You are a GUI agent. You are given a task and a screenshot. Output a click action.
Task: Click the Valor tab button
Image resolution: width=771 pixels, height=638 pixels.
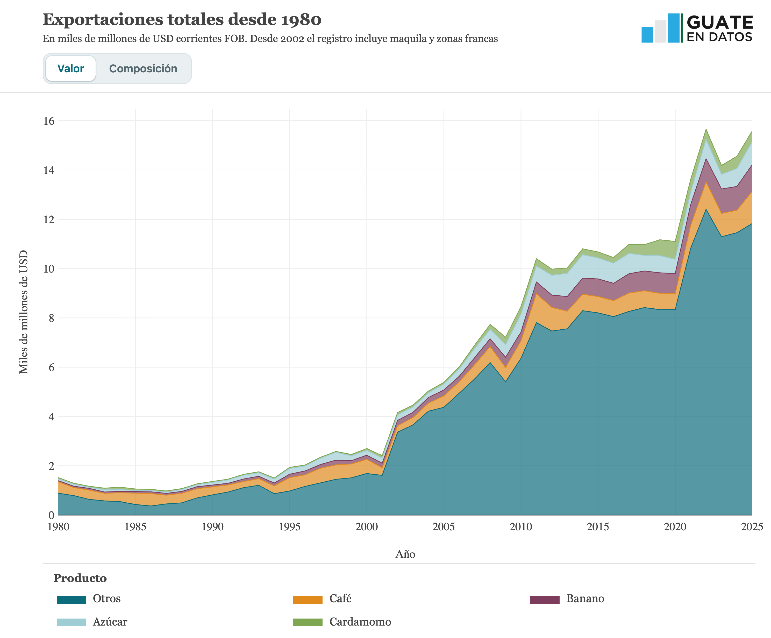pos(70,68)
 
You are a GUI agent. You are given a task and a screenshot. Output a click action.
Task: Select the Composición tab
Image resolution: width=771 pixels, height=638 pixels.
pos(143,68)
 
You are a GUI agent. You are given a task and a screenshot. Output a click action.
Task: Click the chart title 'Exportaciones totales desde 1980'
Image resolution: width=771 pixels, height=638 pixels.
pos(182,19)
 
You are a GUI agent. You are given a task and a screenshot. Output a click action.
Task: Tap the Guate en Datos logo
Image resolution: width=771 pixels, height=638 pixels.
pos(697,28)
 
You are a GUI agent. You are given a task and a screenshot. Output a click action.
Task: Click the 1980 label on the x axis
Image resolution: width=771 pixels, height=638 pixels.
pos(58,527)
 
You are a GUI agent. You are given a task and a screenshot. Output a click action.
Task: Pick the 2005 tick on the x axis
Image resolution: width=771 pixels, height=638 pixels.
pos(444,527)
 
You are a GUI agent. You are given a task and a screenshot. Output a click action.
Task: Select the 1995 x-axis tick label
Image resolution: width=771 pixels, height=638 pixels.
pos(290,527)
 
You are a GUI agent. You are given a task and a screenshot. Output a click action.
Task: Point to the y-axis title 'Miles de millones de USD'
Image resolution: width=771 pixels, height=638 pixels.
pos(24,312)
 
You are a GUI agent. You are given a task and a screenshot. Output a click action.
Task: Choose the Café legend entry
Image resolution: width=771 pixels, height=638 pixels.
pos(322,599)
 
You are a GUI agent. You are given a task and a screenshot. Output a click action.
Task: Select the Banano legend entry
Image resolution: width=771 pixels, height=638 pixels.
pos(567,599)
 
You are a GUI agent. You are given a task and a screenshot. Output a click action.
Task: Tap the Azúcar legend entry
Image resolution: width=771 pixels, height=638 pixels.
pos(92,622)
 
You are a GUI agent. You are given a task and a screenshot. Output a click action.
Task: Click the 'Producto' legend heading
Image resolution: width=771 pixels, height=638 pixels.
pos(80,578)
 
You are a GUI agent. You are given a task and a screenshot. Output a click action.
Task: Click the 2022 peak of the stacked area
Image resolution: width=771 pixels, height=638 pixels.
pos(706,129)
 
